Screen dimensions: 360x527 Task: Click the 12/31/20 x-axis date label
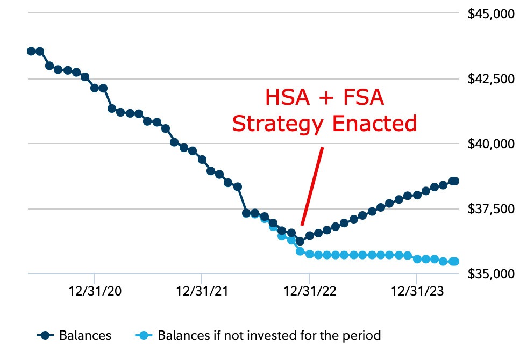(94, 292)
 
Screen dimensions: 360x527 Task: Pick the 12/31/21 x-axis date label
(202, 292)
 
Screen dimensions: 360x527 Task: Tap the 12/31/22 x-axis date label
(309, 292)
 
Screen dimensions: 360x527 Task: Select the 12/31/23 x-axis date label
(417, 292)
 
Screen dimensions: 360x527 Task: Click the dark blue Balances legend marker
(46, 336)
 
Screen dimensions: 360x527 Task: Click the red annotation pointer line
(312, 185)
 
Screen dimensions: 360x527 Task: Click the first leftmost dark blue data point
(31, 51)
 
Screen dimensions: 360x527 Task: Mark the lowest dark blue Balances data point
(300, 241)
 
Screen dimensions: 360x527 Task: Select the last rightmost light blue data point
(454, 262)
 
